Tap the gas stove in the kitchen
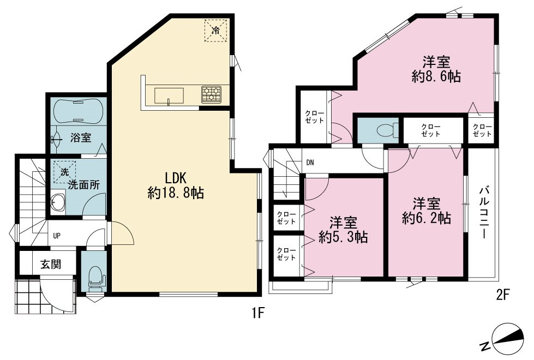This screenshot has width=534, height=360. pyautogui.click(x=211, y=94)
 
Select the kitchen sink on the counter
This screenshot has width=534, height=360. pyautogui.click(x=169, y=95)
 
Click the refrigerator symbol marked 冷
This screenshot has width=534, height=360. pyautogui.click(x=216, y=31)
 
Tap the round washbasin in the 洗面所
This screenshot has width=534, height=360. pyautogui.click(x=58, y=203)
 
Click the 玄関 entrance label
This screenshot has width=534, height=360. pyautogui.click(x=51, y=264)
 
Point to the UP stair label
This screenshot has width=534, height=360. pyautogui.click(x=57, y=235)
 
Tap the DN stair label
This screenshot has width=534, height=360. pyautogui.click(x=310, y=163)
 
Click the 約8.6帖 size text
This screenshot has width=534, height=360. pyautogui.click(x=436, y=77)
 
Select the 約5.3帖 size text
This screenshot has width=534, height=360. pyautogui.click(x=343, y=237)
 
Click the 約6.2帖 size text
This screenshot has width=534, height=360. pyautogui.click(x=427, y=218)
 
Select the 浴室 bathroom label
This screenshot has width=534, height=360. pyautogui.click(x=81, y=138)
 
